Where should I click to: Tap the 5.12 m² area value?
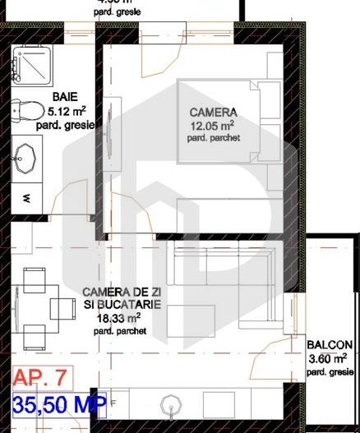tap(66, 110)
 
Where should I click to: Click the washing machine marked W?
tap(27, 198)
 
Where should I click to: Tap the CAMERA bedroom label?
tap(213, 112)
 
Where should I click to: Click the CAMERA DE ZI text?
tap(122, 292)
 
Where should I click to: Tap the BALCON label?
tap(330, 345)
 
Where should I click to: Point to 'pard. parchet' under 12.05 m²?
tap(213, 138)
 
